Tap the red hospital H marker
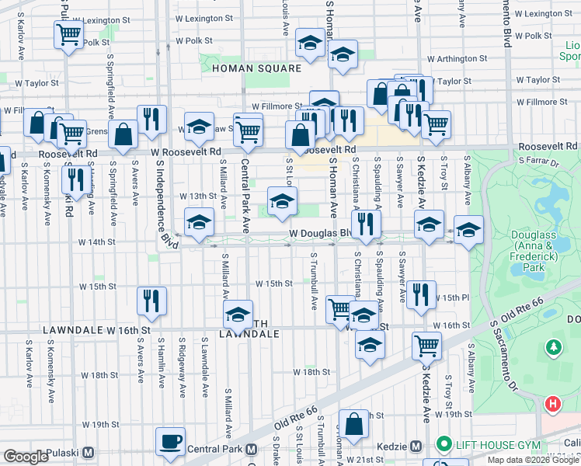tap(552, 404)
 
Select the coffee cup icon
tap(170, 441)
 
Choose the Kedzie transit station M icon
tap(416, 446)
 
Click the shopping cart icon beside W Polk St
tap(68, 34)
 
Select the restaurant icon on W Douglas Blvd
tap(364, 224)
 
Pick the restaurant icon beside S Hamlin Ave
tap(151, 300)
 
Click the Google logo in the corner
tap(26, 457)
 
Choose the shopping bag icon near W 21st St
tap(353, 424)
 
